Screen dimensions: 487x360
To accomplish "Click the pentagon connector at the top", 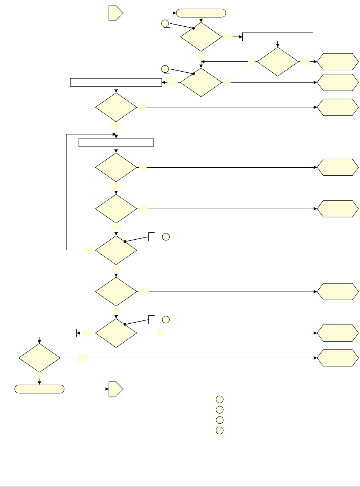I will (x=115, y=13).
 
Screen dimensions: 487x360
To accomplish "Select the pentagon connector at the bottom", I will (x=115, y=389).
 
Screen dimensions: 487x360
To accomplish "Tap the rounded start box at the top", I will (x=201, y=13).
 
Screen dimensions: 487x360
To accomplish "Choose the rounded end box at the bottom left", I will (x=39, y=389).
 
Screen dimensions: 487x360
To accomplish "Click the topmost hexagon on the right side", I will (x=337, y=62).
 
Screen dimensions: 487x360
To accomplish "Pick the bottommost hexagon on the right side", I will (x=337, y=358).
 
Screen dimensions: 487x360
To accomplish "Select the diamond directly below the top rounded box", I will (x=201, y=37).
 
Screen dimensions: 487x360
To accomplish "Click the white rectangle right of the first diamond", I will (x=278, y=37).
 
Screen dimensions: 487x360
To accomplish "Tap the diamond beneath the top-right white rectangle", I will (x=278, y=62).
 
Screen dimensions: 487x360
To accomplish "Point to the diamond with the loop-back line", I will (x=116, y=250).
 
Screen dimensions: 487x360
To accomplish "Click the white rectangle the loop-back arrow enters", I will (x=116, y=142).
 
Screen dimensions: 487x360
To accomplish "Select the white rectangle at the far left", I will (x=39, y=333).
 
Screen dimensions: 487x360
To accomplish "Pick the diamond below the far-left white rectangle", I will (x=39, y=358).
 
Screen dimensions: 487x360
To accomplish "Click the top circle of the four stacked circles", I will (x=219, y=399).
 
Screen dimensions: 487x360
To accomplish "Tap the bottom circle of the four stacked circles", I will (x=219, y=430).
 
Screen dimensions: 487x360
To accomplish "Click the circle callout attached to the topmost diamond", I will (x=165, y=24).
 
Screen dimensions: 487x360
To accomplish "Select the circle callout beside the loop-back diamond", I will (x=166, y=237).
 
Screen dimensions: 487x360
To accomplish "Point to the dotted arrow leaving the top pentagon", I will (x=150, y=13).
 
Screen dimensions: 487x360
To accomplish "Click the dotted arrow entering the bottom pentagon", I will (x=87, y=389).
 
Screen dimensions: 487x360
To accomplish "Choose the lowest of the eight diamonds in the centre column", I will (x=116, y=333).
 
